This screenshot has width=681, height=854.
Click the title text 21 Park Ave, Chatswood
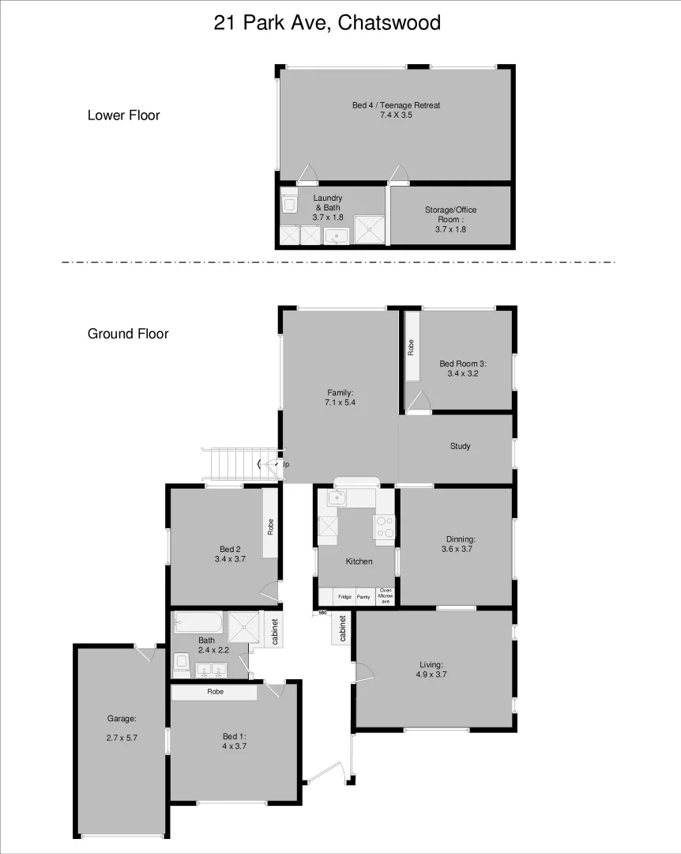(327, 24)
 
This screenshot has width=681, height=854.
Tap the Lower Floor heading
(123, 115)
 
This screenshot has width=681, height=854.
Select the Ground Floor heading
(128, 334)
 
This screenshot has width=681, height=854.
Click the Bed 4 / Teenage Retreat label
(396, 110)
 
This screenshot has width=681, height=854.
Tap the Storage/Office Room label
(450, 219)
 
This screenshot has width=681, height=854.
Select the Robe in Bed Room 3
(412, 348)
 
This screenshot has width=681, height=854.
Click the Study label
(460, 446)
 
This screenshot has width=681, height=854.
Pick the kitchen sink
(337, 498)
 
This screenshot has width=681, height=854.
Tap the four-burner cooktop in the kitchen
(385, 526)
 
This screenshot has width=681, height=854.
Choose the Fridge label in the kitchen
(344, 597)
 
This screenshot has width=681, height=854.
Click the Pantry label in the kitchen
(364, 597)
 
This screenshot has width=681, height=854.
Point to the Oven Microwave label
(386, 596)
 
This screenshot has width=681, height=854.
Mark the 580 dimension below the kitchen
(322, 613)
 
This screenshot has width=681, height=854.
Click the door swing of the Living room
(363, 671)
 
